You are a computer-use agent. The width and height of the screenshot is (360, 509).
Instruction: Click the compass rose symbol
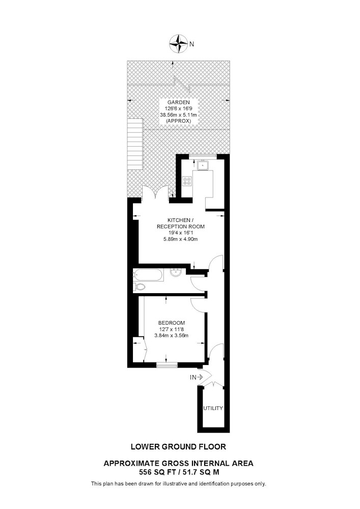179,43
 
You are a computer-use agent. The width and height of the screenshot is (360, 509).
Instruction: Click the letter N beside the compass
191,44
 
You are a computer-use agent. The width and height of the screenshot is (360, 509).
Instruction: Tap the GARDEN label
179,102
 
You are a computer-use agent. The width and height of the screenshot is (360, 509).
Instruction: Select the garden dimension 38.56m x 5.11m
179,115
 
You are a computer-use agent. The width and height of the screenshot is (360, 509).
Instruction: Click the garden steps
135,144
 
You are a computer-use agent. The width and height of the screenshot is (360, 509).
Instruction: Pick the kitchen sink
204,165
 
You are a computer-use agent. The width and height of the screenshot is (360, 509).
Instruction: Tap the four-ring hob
187,181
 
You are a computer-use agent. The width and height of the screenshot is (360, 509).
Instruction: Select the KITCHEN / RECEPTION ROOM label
181,223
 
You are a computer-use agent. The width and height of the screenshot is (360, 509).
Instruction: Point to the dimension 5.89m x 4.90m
181,239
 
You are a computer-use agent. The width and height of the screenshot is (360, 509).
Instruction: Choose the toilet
140,287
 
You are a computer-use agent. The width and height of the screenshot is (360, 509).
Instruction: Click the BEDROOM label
172,323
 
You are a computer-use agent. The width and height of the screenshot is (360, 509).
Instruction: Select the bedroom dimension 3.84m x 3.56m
172,335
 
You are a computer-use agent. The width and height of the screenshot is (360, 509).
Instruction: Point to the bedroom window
167,365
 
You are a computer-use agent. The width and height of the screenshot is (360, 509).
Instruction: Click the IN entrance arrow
197,377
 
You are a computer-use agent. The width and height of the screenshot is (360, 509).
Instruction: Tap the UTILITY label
213,408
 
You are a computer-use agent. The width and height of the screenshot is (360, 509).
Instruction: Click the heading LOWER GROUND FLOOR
178,447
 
